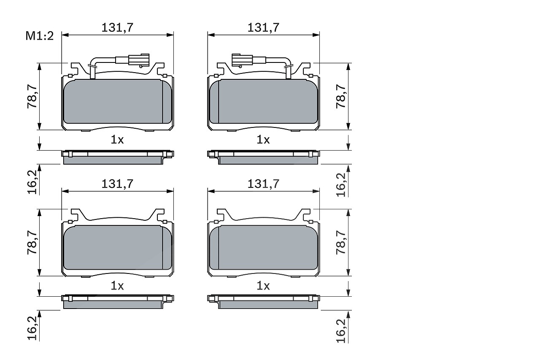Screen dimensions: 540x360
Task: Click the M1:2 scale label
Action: (x=40, y=36)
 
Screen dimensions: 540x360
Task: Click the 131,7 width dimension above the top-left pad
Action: (x=117, y=27)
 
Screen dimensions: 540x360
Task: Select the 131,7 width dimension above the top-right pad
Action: (x=264, y=27)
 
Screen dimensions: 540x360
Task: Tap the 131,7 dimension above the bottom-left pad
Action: (x=117, y=184)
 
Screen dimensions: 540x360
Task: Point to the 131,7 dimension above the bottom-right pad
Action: (x=264, y=184)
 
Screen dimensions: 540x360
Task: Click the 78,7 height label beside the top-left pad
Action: (x=32, y=97)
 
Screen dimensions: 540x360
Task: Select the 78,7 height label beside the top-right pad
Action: (x=341, y=97)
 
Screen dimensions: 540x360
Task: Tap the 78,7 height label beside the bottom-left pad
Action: (x=32, y=243)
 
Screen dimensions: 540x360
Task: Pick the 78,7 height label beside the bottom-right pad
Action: (x=341, y=243)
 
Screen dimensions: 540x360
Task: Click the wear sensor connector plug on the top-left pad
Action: (x=139, y=60)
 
